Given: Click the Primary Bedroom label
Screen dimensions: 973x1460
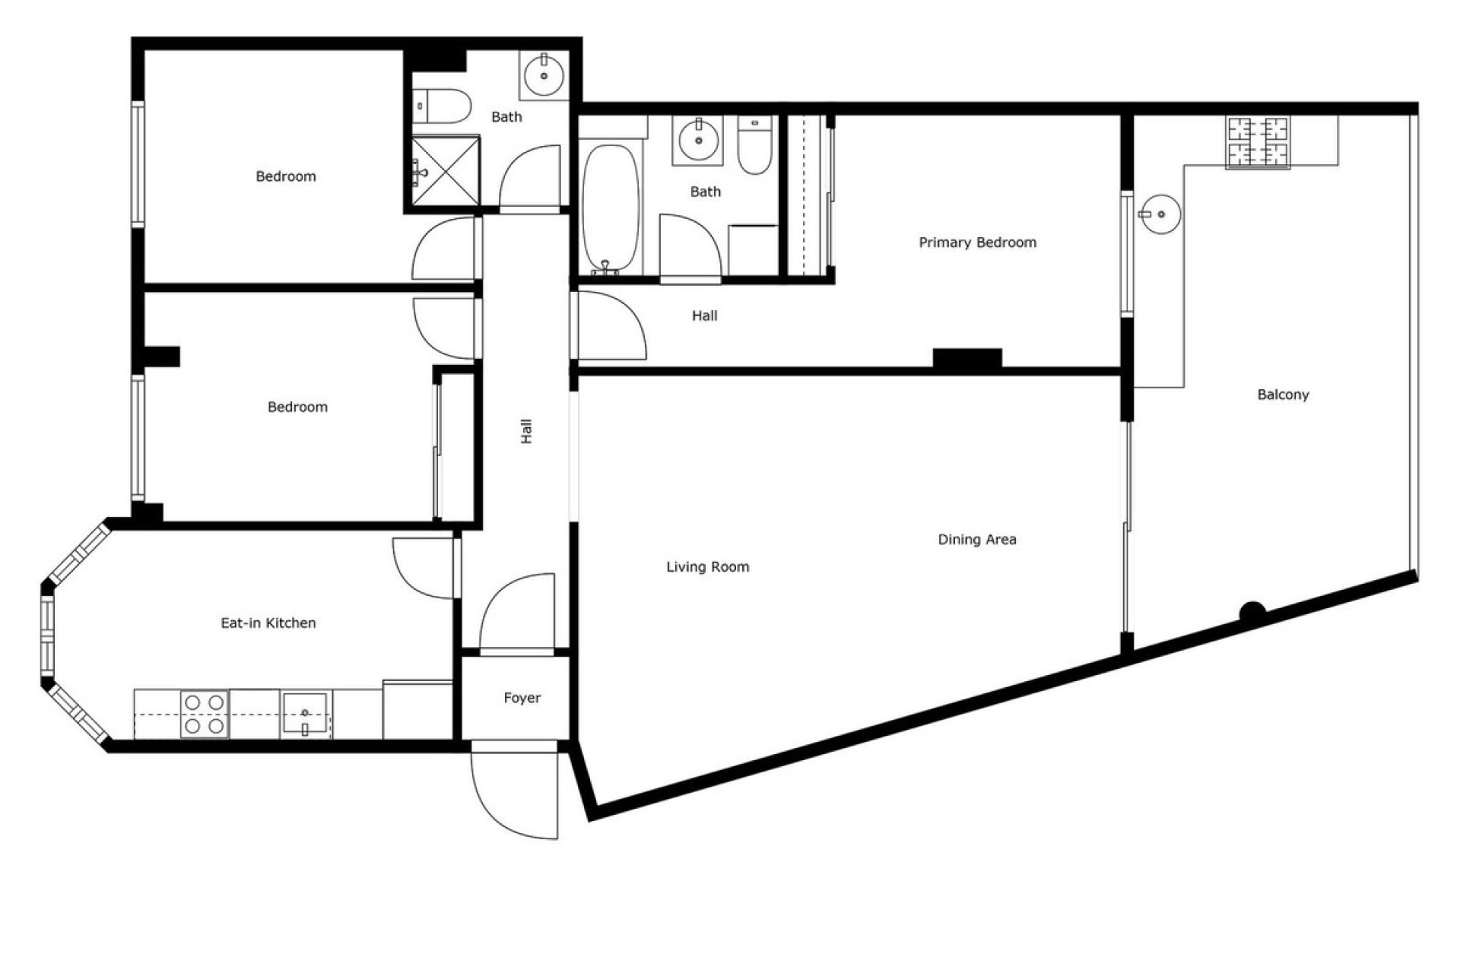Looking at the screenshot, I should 977,242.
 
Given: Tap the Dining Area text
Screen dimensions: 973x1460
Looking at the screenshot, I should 976,540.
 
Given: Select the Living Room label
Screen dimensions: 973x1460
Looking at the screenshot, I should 707,567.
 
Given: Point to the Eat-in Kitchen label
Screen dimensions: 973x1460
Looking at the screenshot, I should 268,623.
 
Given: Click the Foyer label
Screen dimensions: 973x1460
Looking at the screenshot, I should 522,698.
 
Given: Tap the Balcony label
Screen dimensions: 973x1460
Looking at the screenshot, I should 1283,395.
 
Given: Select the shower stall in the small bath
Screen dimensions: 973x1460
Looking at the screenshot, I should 446,171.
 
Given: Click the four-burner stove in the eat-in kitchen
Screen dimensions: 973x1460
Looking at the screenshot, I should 205,715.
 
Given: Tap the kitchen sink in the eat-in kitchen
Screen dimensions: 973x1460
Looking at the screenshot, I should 305,714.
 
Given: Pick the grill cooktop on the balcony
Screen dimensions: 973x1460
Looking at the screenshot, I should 1258,142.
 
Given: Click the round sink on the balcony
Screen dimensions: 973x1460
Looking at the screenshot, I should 1160,214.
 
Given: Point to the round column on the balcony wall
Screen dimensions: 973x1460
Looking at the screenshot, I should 1252,611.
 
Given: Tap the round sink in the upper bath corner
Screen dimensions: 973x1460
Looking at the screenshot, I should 544,75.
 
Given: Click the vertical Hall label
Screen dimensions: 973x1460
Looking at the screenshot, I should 526,431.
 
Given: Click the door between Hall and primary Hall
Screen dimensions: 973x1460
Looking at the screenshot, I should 608,327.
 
